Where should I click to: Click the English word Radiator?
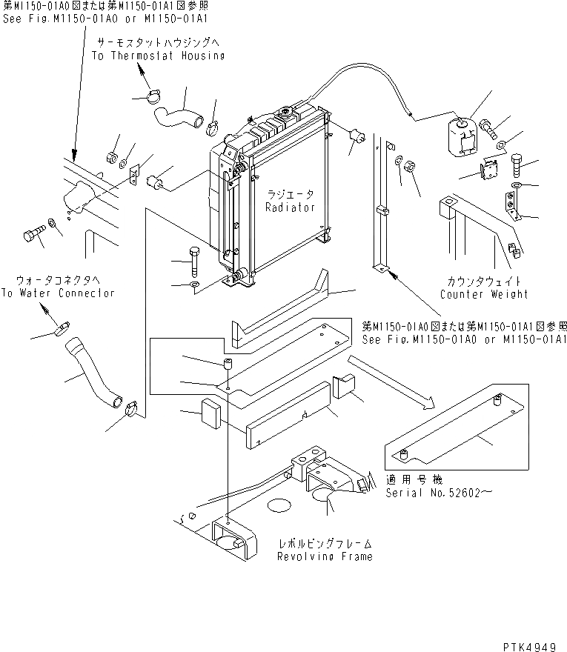(290, 208)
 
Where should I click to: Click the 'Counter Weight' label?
(483, 294)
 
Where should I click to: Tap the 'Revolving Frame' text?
(325, 556)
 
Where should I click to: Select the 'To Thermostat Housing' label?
(158, 56)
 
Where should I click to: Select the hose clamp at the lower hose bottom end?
(132, 406)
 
